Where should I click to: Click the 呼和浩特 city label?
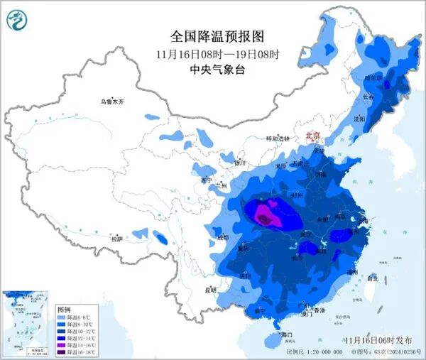[278, 139]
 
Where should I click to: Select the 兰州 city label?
[226, 186]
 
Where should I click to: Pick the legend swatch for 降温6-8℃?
[62, 317]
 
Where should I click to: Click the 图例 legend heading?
[63, 310]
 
